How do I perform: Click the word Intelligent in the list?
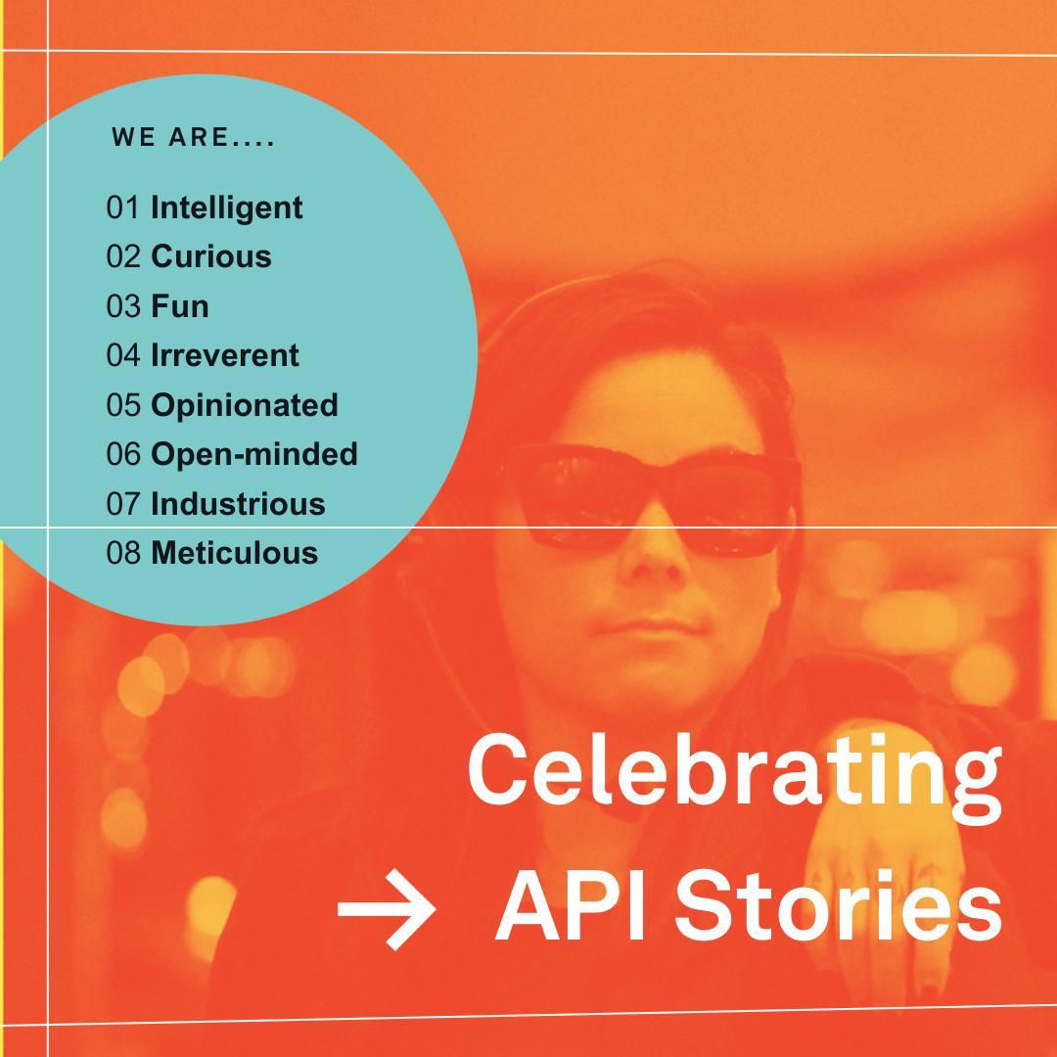[226, 208]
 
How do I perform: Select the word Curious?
[211, 256]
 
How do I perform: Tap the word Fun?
[180, 306]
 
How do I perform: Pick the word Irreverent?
[224, 355]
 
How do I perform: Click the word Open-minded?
[254, 455]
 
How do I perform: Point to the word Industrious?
[238, 504]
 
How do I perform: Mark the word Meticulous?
[235, 553]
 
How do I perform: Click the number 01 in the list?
[123, 207]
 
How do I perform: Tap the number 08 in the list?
[123, 553]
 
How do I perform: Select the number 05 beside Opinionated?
[123, 405]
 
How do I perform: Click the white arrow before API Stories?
[387, 909]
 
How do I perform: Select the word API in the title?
[571, 906]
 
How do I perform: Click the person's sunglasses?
[649, 500]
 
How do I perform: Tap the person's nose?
[650, 561]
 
